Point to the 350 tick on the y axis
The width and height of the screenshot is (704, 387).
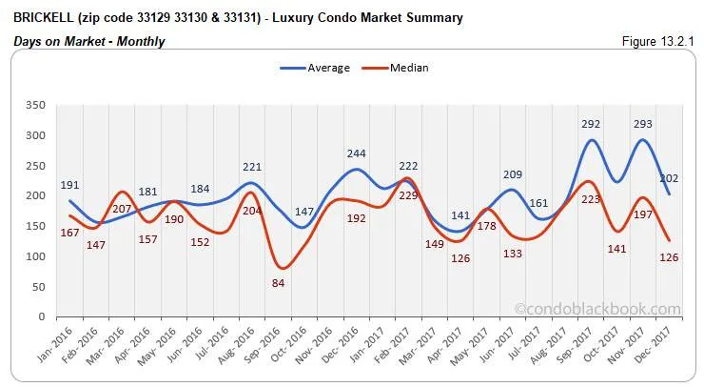(37, 105)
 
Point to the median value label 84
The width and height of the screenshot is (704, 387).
(278, 283)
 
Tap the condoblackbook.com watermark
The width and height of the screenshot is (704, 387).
(597, 309)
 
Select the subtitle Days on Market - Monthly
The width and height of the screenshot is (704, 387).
(89, 41)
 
